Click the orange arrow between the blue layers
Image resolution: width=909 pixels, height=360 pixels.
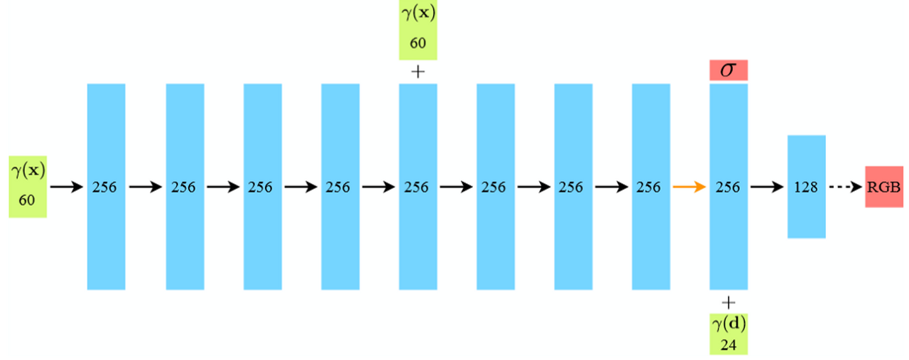point(689,187)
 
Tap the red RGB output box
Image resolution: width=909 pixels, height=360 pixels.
point(883,187)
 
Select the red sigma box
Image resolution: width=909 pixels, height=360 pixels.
point(728,70)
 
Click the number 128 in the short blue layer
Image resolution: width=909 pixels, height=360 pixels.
point(806,187)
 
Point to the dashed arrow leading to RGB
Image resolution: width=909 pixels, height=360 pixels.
point(844,187)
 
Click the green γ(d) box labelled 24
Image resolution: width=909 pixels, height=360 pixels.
point(728,333)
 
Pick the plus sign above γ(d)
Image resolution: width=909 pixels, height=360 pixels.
point(728,301)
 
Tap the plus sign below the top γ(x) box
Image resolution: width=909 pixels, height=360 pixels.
point(418,71)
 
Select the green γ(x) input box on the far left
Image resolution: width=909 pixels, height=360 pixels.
point(28,186)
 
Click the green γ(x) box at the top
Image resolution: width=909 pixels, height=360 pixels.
point(418,30)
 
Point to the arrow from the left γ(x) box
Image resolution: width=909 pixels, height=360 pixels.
point(67,187)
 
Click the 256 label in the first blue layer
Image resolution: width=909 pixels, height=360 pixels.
point(106,187)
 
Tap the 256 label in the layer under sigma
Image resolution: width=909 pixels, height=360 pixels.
point(728,187)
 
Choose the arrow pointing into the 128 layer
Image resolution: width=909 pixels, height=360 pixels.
point(767,187)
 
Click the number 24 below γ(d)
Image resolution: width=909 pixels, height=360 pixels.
point(728,344)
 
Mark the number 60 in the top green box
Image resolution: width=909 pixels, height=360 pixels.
point(418,43)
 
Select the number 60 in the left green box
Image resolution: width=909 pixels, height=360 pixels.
point(27,201)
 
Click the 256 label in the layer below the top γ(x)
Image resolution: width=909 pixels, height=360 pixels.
point(417,187)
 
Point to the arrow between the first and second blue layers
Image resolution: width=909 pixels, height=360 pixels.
point(145,187)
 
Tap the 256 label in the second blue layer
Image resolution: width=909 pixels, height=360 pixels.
point(185,187)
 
